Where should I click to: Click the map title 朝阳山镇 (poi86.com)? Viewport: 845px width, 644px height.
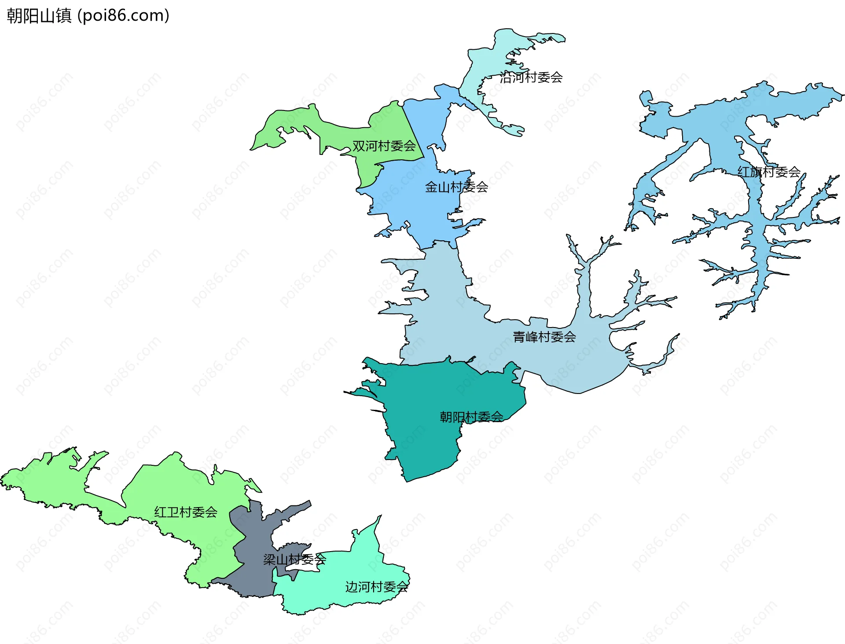(x=88, y=16)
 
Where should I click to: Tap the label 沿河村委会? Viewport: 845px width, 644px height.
(x=531, y=77)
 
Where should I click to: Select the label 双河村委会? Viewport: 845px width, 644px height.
(x=384, y=146)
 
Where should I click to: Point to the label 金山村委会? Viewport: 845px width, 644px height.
(x=456, y=187)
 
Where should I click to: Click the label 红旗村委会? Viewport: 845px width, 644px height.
(x=769, y=172)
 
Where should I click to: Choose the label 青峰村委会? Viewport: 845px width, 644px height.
(x=544, y=337)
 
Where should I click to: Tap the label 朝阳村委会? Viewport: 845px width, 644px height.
(x=471, y=417)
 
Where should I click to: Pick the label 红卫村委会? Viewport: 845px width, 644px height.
(x=186, y=512)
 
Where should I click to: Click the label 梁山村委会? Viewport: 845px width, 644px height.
(x=294, y=559)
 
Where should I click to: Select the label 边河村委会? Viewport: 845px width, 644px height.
(x=377, y=587)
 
